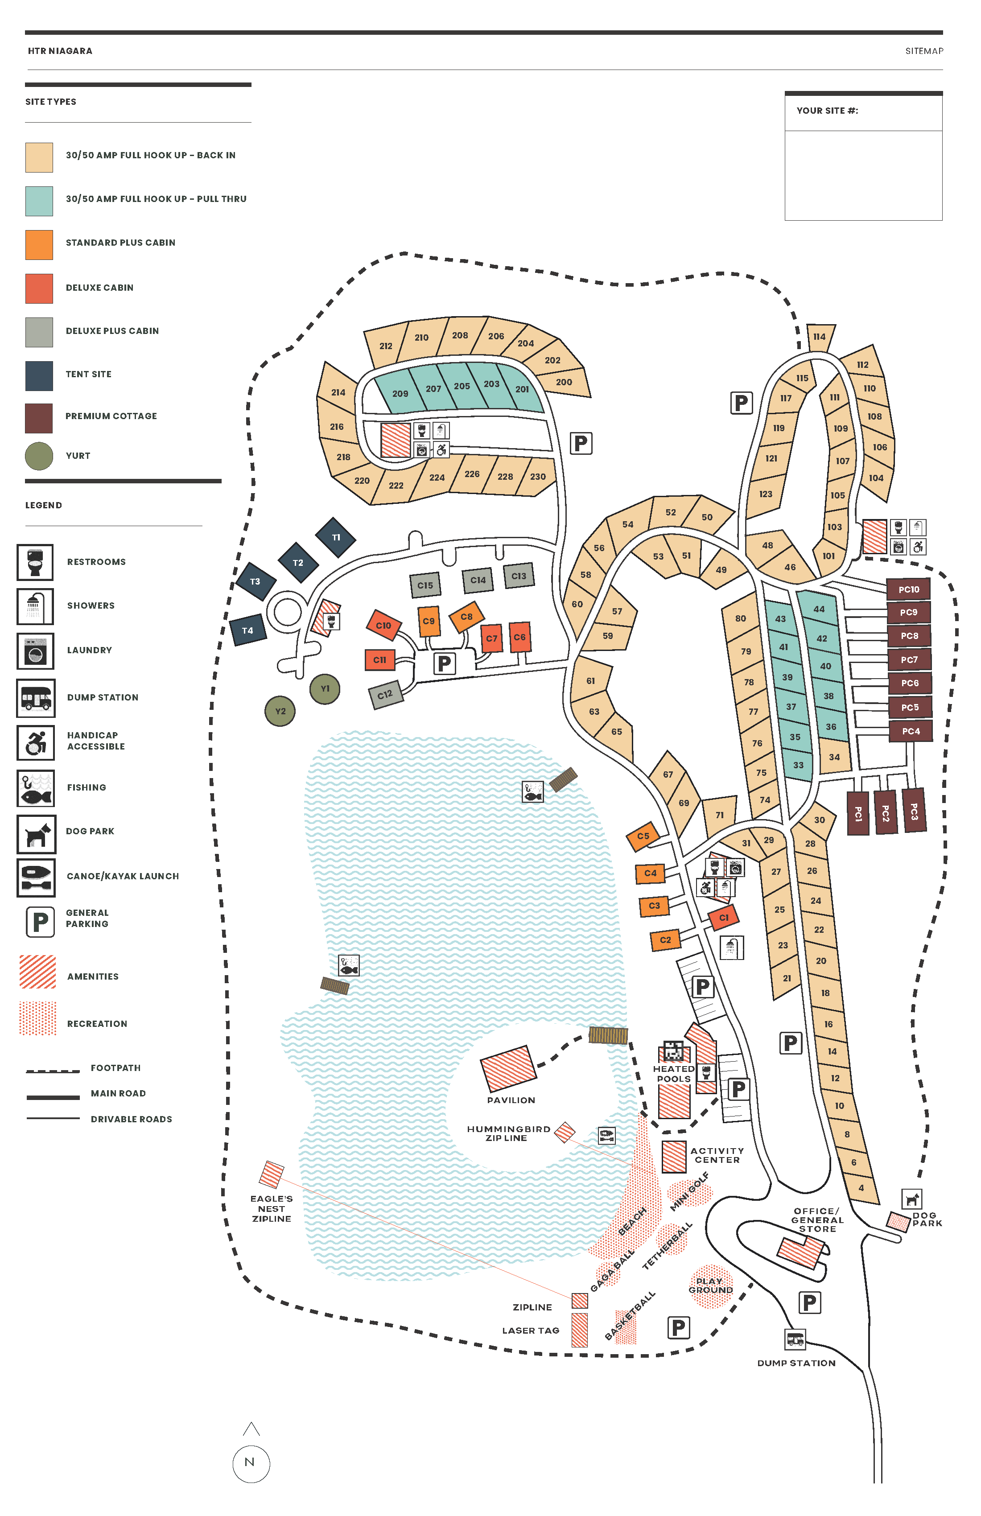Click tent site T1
pyautogui.click(x=336, y=537)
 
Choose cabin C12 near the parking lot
pyautogui.click(x=385, y=694)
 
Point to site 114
pyautogui.click(x=819, y=336)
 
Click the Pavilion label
pyautogui.click(x=511, y=1100)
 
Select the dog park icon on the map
pyautogui.click(x=912, y=1199)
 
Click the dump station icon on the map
pyautogui.click(x=795, y=1339)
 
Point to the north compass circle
pyautogui.click(x=251, y=1462)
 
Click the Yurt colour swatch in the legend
pyautogui.click(x=39, y=456)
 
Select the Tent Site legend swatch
pyautogui.click(x=39, y=375)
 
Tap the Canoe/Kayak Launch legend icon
pyautogui.click(x=36, y=877)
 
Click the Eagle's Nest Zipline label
pyautogui.click(x=272, y=1208)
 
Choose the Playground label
pyautogui.click(x=710, y=1285)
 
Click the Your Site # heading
pyautogui.click(x=827, y=111)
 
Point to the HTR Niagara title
pyautogui.click(x=60, y=51)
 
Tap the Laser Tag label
pyautogui.click(x=531, y=1331)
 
